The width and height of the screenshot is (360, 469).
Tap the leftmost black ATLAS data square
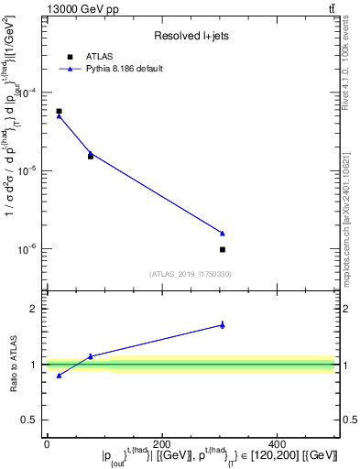(59, 111)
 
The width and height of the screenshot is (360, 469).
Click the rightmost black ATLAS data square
(223, 249)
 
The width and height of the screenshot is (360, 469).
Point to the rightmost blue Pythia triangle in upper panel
(223, 233)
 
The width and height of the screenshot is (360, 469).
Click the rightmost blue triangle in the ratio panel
(223, 324)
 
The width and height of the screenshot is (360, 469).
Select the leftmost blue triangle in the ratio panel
(59, 375)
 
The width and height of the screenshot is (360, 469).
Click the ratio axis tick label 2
(34, 309)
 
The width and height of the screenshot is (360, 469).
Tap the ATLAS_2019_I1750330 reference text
(190, 274)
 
